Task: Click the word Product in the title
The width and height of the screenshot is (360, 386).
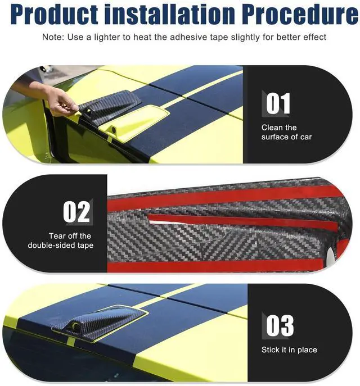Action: [55, 14]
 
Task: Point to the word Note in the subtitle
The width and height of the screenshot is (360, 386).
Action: [52, 37]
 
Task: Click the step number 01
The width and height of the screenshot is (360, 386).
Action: [278, 103]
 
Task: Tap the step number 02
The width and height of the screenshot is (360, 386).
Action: [76, 212]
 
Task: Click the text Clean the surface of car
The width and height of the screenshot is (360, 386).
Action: [286, 132]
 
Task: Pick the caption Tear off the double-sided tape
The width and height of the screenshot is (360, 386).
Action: [61, 240]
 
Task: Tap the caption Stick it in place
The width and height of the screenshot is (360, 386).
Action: [289, 350]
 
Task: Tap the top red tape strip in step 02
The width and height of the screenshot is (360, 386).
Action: [222, 197]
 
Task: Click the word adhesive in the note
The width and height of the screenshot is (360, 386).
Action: [189, 37]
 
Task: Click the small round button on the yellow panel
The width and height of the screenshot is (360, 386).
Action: [114, 129]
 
